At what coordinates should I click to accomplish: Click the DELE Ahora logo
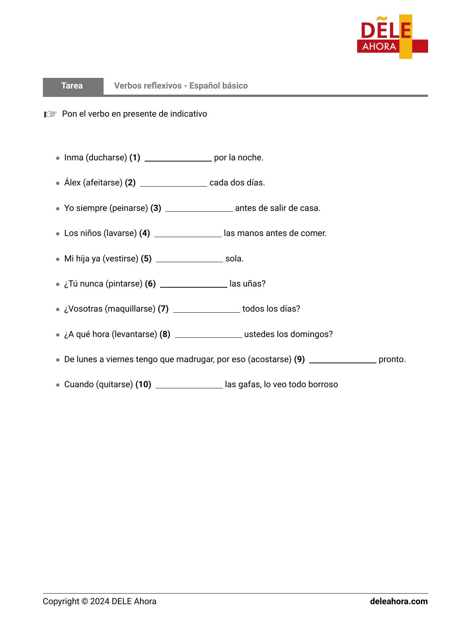[392, 37]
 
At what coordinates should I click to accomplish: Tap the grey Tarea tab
[72, 86]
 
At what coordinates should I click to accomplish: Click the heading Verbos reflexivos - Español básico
[181, 86]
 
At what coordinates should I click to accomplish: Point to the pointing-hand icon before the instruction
[50, 114]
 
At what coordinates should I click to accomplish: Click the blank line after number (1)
[178, 159]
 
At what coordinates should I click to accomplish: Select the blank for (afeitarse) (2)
[173, 184]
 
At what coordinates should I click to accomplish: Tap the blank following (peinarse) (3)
[199, 209]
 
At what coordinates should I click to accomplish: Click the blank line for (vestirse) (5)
[189, 260]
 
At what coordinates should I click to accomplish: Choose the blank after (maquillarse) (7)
[206, 310]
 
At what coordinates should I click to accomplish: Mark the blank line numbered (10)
[189, 386]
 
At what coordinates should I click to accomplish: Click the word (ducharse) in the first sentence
[106, 158]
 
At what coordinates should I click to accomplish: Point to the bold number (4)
[145, 233]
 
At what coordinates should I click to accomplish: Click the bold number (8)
[165, 334]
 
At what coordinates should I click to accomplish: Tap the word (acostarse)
[269, 359]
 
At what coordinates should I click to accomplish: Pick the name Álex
[72, 183]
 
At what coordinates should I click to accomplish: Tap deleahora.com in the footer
[399, 602]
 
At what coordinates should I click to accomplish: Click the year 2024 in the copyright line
[100, 602]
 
